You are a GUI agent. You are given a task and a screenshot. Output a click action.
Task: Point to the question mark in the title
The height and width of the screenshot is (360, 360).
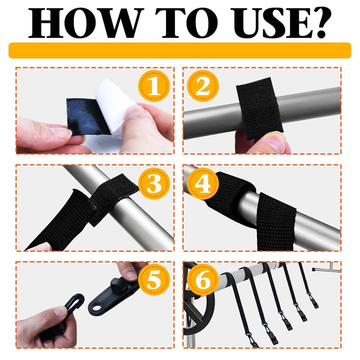pos(320,23)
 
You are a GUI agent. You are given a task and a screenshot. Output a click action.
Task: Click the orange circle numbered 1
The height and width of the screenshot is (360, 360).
pos(154,86)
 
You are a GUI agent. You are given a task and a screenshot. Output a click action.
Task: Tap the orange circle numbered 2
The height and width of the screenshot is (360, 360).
pos(203,86)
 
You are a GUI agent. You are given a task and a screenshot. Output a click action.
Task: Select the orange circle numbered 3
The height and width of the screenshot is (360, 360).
pos(154,183)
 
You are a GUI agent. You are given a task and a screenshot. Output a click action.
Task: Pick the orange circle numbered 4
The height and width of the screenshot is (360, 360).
pos(203,183)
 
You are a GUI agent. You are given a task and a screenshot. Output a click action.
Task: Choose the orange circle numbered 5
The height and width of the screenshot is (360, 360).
pos(154,279)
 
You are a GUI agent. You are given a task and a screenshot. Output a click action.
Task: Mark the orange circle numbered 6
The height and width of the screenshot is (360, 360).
pos(203,279)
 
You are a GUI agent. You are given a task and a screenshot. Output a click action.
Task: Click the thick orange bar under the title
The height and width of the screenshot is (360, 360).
pos(180,50)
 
